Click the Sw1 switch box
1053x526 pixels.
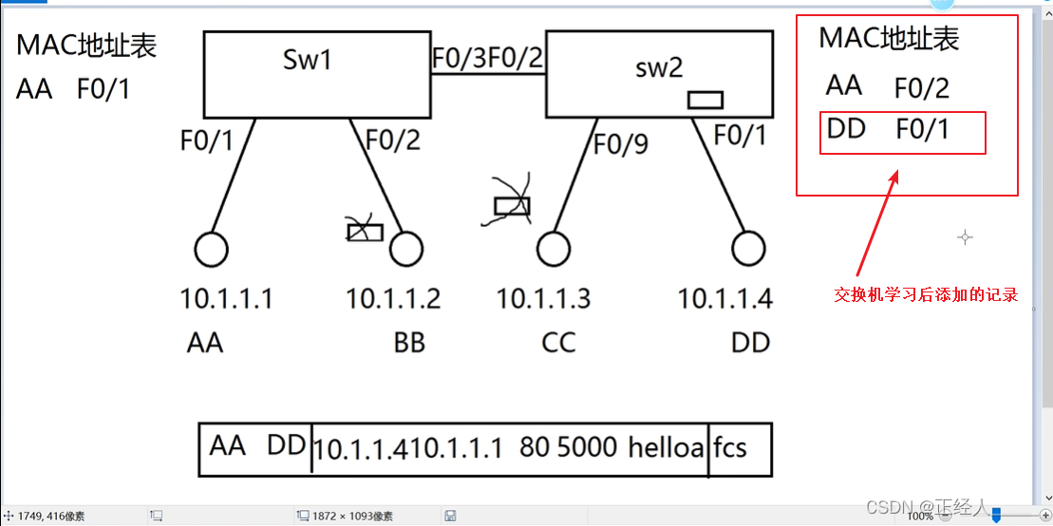pyautogui.click(x=314, y=75)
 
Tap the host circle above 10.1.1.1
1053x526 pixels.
pyautogui.click(x=211, y=250)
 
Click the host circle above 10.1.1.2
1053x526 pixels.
pyautogui.click(x=405, y=250)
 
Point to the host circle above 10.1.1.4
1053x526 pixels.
pyautogui.click(x=749, y=250)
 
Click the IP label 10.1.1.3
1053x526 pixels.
pyautogui.click(x=543, y=299)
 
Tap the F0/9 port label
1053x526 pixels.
pyautogui.click(x=621, y=144)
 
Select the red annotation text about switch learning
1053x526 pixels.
pyautogui.click(x=926, y=295)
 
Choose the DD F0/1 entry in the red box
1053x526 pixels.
pyautogui.click(x=903, y=131)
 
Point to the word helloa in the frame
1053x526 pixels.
pyautogui.click(x=666, y=447)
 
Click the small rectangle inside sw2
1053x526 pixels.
pyautogui.click(x=705, y=100)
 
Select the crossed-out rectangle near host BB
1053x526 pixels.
pyautogui.click(x=365, y=231)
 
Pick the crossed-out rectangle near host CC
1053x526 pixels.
pyautogui.click(x=512, y=205)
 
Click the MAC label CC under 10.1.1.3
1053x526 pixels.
pyautogui.click(x=558, y=342)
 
